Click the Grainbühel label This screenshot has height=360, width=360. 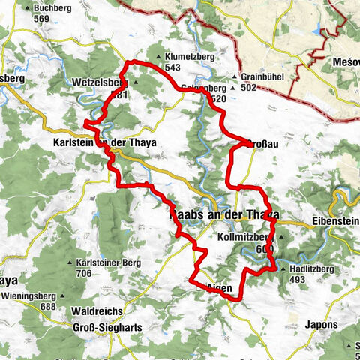(262, 76)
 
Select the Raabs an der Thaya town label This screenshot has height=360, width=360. (220, 214)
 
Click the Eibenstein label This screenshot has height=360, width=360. (334, 223)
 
